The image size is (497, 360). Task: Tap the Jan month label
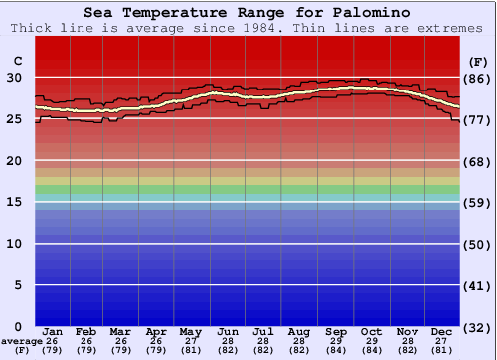(x=54, y=331)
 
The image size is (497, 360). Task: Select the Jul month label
(x=263, y=331)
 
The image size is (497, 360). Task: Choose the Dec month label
(x=442, y=331)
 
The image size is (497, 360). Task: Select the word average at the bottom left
(x=21, y=341)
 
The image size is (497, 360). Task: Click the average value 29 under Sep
(x=336, y=341)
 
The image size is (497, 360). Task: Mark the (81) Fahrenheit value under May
(x=190, y=350)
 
